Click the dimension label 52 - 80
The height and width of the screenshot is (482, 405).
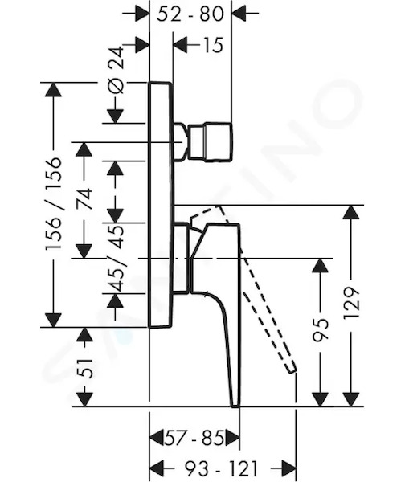[x=190, y=14]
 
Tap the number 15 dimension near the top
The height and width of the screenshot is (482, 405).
[x=212, y=45]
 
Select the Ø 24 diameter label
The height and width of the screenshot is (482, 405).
[x=116, y=70]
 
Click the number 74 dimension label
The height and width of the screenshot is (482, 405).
[x=84, y=198]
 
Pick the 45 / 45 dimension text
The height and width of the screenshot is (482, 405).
[x=116, y=258]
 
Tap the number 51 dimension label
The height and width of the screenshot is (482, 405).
[x=84, y=368]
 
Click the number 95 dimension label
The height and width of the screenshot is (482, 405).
[x=320, y=330]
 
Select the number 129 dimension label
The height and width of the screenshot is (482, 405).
[x=351, y=303]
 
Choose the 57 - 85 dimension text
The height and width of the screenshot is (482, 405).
[x=194, y=438]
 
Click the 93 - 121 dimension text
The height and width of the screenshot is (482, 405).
[x=220, y=469]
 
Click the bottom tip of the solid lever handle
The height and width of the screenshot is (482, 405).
[x=235, y=406]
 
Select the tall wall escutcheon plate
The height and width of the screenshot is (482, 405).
[x=161, y=205]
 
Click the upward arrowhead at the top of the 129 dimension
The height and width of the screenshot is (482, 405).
[x=351, y=212]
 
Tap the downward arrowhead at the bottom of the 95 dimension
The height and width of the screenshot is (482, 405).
[x=320, y=399]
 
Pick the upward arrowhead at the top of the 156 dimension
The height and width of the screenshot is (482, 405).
[x=54, y=90]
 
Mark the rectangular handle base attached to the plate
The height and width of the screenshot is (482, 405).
[x=182, y=258]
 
